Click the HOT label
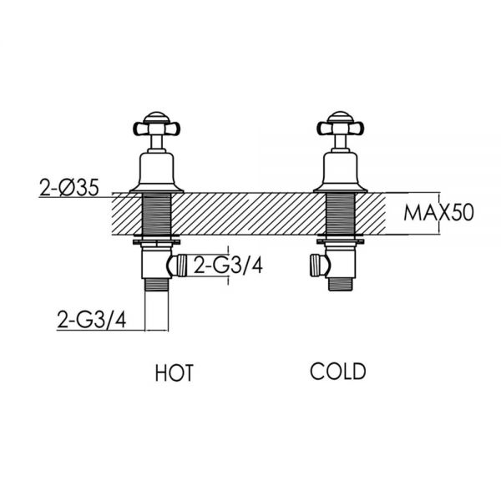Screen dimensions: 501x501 point(175,372)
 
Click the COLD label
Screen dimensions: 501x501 point(337,372)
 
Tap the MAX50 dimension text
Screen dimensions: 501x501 point(438,213)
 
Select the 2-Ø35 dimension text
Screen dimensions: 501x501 point(69,188)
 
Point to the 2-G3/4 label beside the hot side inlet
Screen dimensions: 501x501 point(228,266)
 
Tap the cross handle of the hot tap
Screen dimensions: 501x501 point(157,129)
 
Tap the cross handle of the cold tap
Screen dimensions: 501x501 point(341,129)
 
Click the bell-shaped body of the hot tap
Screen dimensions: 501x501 point(157,173)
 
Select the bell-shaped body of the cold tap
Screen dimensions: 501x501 point(341,173)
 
